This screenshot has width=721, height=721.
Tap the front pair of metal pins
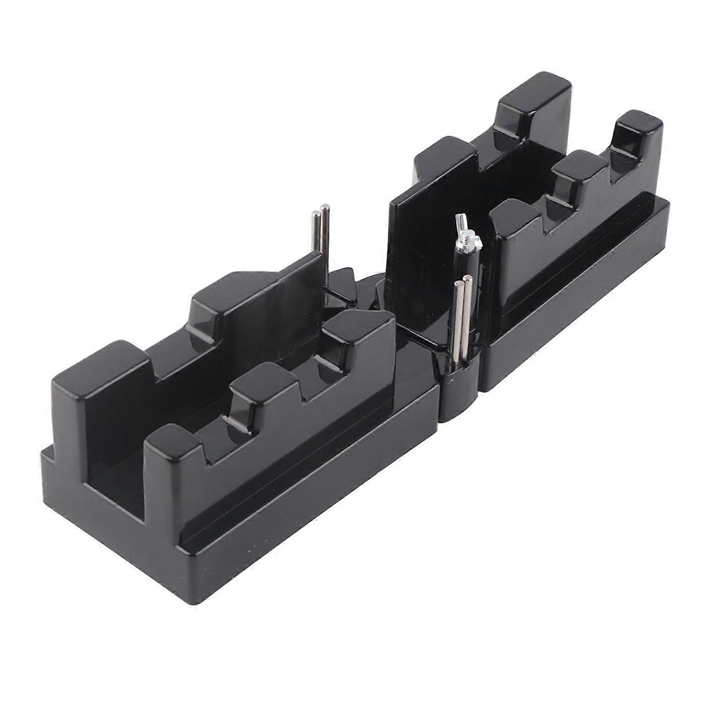pyautogui.click(x=461, y=319)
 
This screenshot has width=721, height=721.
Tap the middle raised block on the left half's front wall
pyautogui.click(x=263, y=390)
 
